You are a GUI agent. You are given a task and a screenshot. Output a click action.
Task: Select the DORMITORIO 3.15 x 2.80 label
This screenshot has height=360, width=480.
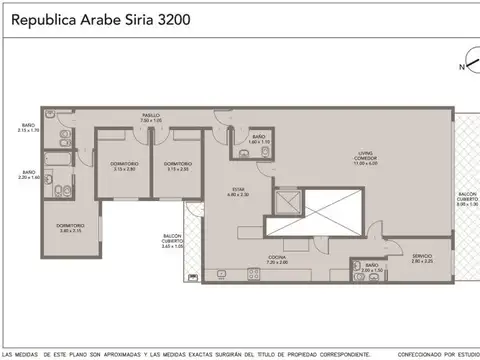tap(125, 166)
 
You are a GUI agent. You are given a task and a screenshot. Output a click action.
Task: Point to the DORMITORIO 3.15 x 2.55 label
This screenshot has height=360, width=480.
tap(178, 166)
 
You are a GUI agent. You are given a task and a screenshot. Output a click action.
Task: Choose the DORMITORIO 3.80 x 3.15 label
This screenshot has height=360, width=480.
tap(69, 228)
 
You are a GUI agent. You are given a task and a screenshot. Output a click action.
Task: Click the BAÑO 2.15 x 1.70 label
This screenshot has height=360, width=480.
tap(27, 128)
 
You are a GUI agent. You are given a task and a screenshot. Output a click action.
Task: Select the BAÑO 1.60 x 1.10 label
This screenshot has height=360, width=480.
tap(258, 138)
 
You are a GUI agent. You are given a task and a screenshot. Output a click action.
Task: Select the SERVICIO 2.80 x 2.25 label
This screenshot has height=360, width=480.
tap(422, 259)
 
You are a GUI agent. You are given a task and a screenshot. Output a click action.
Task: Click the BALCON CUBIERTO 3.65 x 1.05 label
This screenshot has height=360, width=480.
tap(173, 241)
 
